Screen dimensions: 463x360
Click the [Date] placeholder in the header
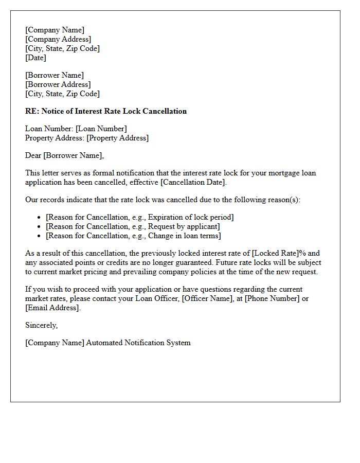35,58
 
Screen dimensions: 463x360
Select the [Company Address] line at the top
58,39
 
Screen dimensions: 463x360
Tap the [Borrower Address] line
58,84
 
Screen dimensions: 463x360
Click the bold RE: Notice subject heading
106,111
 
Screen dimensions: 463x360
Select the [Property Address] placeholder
117,138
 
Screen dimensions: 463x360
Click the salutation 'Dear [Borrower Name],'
64,155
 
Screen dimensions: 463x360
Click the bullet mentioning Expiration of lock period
139,217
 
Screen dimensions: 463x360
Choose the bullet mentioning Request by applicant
133,226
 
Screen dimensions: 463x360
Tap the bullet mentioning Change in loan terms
133,236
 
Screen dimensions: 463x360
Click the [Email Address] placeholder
52,308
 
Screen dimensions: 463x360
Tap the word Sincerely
42,325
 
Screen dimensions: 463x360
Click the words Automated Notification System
138,343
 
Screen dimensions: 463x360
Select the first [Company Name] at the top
55,30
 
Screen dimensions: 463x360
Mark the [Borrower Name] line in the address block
54,75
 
